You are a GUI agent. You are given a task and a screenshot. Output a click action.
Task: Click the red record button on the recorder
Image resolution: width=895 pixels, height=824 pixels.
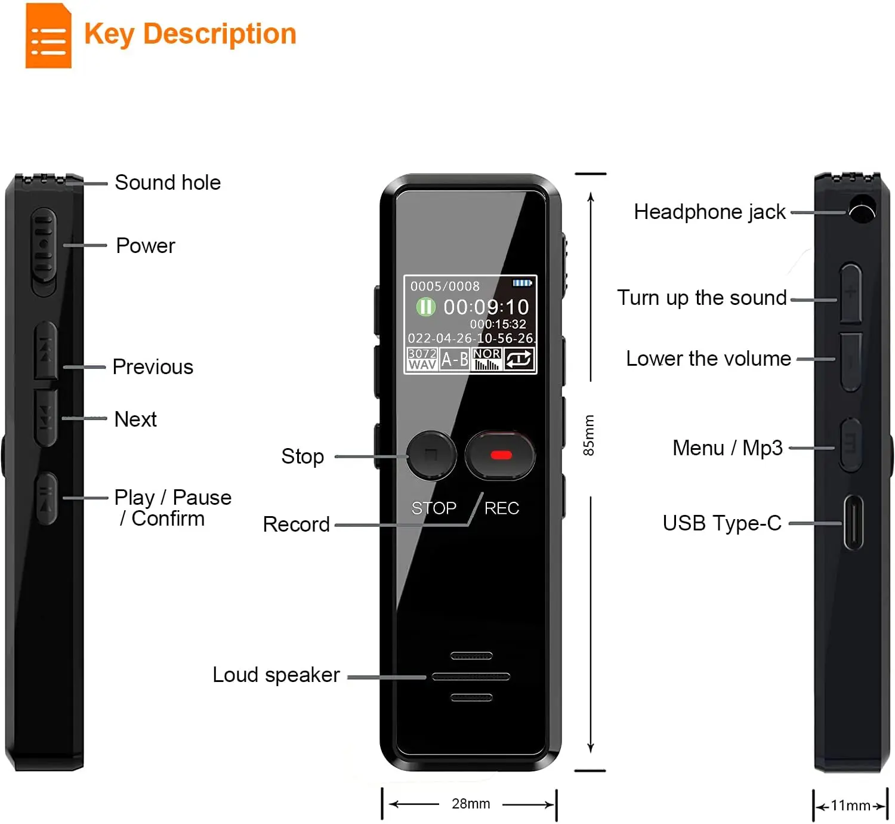point(500,455)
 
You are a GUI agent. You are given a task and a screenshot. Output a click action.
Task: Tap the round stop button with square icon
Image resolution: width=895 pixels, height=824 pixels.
point(431,455)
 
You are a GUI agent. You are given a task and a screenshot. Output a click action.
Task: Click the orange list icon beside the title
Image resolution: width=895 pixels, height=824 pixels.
point(48,36)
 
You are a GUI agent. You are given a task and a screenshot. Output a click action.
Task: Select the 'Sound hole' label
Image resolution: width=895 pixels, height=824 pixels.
point(168,183)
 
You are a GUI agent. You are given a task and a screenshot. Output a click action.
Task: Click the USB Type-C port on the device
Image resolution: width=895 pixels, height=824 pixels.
point(853,523)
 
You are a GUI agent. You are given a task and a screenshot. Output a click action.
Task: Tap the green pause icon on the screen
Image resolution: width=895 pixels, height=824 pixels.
point(425,307)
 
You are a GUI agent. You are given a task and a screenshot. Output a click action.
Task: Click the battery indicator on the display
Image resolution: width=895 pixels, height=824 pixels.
point(522,283)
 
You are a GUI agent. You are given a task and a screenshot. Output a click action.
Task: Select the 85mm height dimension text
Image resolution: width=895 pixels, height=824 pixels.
point(589,436)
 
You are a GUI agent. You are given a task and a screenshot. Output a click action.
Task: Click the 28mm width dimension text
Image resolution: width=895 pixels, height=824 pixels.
point(471,804)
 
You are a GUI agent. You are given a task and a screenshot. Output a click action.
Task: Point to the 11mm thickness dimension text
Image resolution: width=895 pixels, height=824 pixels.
point(850,806)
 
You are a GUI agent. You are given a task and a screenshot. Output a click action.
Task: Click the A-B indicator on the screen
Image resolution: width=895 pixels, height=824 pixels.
point(455,359)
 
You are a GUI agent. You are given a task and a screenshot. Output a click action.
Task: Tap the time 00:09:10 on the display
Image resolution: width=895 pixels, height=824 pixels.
point(486,307)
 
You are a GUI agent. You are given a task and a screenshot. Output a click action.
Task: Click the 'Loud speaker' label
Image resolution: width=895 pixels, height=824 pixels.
point(276,675)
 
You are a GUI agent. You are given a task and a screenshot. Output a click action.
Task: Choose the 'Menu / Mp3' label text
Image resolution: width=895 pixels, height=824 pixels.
point(727,448)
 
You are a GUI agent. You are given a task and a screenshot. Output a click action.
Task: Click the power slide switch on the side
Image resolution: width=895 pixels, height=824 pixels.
point(44,251)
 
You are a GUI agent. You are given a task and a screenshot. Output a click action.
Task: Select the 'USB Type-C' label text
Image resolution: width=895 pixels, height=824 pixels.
point(722,523)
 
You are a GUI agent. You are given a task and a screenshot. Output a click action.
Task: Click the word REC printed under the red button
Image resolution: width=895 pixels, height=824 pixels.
point(501,508)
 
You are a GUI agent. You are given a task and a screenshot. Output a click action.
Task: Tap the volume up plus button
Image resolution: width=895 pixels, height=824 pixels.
point(851,292)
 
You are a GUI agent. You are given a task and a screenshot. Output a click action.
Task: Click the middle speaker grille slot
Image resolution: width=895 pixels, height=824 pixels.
point(471,677)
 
